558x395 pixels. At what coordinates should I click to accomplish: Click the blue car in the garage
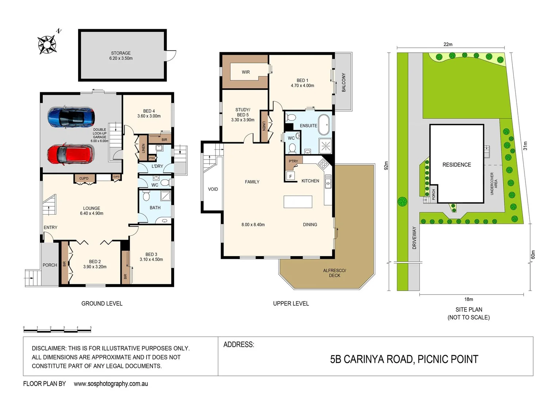click(71, 117)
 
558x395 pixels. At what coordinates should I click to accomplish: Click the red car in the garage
click(70, 154)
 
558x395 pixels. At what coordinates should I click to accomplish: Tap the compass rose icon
click(47, 45)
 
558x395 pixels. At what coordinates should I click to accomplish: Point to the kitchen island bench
click(298, 202)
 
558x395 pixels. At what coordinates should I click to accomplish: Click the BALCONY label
click(344, 82)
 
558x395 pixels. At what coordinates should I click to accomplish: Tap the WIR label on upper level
click(246, 72)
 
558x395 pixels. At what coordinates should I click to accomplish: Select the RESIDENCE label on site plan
click(456, 165)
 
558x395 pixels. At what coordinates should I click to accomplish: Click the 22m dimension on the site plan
click(448, 44)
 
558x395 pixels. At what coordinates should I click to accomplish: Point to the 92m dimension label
click(386, 166)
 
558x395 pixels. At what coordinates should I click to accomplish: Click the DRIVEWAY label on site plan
click(414, 238)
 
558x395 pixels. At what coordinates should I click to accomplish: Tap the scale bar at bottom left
click(57, 330)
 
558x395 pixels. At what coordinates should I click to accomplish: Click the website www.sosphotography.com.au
click(111, 384)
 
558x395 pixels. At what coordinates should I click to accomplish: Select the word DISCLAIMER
click(49, 348)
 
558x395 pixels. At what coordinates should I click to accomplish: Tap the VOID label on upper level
click(213, 189)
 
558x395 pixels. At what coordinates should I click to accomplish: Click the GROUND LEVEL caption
click(102, 304)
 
